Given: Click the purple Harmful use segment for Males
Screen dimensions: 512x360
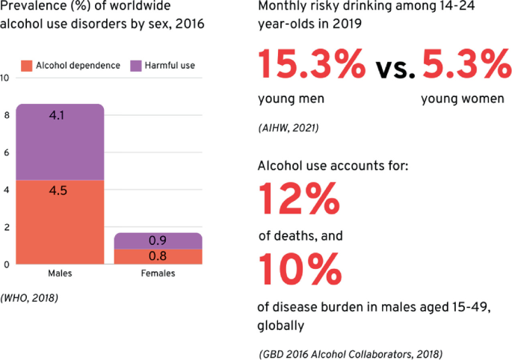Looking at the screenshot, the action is pyautogui.click(x=60, y=143).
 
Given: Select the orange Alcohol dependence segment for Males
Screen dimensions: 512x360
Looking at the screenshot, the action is pyautogui.click(x=60, y=223).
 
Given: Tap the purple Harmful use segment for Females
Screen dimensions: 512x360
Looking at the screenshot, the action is pyautogui.click(x=158, y=240).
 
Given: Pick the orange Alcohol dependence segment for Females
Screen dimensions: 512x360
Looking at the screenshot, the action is pyautogui.click(x=158, y=256).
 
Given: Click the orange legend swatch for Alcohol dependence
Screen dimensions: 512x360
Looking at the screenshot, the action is pyautogui.click(x=26, y=66).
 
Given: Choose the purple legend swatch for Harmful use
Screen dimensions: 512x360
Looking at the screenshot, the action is pyautogui.click(x=136, y=66).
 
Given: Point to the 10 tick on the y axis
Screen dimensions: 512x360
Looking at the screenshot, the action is pyautogui.click(x=4, y=78).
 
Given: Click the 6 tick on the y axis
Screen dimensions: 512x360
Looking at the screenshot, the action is pyautogui.click(x=7, y=153).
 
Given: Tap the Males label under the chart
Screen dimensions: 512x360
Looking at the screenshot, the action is pyautogui.click(x=60, y=273).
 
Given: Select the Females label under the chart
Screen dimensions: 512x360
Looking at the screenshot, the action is pyautogui.click(x=158, y=273).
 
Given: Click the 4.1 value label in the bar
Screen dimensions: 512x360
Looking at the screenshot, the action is pyautogui.click(x=57, y=115).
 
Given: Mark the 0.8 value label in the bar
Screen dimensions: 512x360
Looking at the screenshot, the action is pyautogui.click(x=158, y=256).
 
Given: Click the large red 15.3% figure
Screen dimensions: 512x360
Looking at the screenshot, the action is pyautogui.click(x=312, y=63).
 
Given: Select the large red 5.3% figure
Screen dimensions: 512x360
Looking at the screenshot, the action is pyautogui.click(x=467, y=63).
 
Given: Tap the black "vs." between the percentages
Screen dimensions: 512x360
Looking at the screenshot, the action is pyautogui.click(x=395, y=69).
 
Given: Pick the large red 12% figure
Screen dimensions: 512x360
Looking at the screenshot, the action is pyautogui.click(x=299, y=199).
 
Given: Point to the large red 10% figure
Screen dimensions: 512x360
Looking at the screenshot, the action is pyautogui.click(x=300, y=270).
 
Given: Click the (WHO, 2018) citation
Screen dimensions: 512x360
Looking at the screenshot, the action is pyautogui.click(x=29, y=298).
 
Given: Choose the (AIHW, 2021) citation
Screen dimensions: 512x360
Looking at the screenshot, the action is pyautogui.click(x=289, y=128).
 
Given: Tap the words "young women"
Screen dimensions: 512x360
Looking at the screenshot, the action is pyautogui.click(x=463, y=99).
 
